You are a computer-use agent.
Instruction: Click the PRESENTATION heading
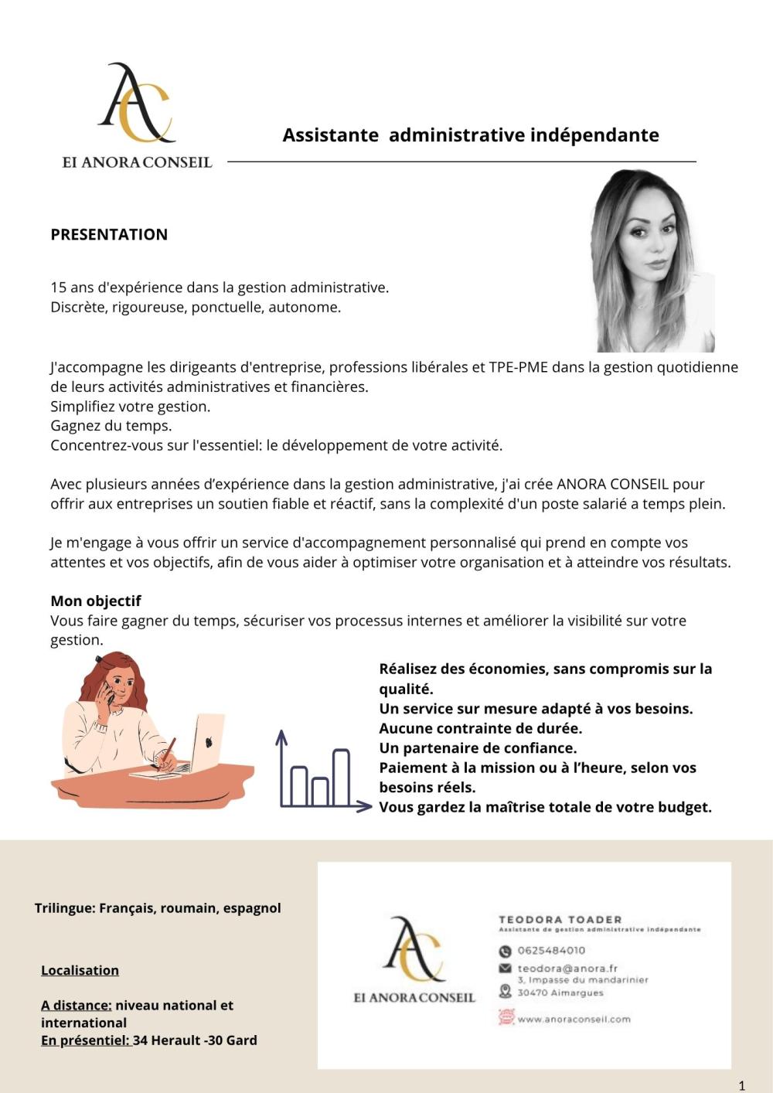109,234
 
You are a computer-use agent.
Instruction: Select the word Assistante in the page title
330,135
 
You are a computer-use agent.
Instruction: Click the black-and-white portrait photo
652,261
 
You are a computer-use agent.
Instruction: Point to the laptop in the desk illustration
206,742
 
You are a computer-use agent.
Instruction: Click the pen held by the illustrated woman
167,753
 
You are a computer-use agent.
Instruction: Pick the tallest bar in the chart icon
340,777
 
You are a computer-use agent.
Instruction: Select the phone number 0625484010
551,950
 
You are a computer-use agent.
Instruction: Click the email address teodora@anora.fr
567,968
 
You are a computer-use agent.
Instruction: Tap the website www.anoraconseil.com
574,1019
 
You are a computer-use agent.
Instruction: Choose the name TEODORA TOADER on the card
560,919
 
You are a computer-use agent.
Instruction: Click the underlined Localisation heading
80,970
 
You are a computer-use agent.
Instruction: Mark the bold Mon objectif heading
96,601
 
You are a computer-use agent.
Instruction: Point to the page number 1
742,1085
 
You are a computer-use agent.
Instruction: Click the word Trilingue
64,907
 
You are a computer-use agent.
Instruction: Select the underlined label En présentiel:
85,1040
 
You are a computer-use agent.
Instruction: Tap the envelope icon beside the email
506,968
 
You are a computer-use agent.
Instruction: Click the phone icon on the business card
506,951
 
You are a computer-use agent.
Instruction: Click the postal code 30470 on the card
532,993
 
